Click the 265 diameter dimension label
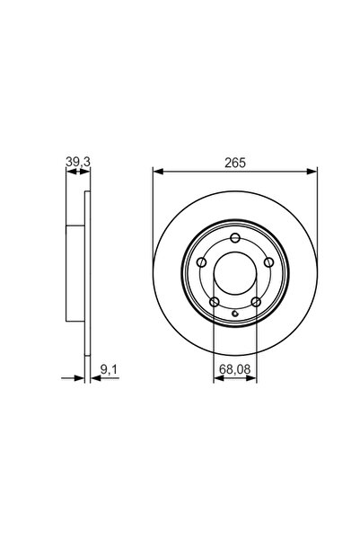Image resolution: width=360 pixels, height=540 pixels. pyautogui.click(x=235, y=163)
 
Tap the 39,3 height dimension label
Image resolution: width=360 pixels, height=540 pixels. pyautogui.click(x=78, y=162)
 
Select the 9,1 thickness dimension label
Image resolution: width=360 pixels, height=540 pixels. pyautogui.click(x=109, y=370)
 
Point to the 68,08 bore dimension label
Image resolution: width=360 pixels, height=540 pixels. pyautogui.click(x=235, y=369)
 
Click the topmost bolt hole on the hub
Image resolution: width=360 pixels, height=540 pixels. pyautogui.click(x=235, y=237)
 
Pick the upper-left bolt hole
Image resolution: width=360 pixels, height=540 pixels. pyautogui.click(x=202, y=262)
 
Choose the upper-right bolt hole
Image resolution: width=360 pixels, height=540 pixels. pyautogui.click(x=268, y=262)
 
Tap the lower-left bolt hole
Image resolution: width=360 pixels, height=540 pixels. pyautogui.click(x=215, y=302)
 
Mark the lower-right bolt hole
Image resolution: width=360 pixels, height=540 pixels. pyautogui.click(x=256, y=302)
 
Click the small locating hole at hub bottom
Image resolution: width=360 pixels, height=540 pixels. pyautogui.click(x=235, y=314)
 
